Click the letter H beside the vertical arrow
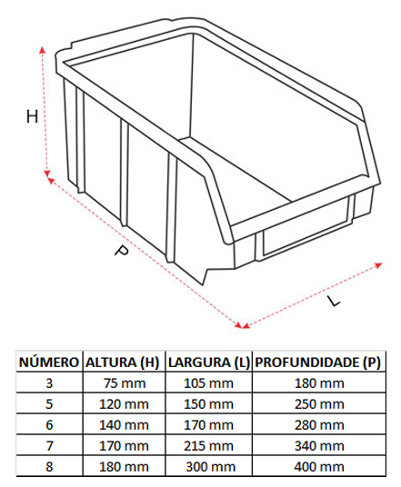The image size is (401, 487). pyautogui.click(x=33, y=117)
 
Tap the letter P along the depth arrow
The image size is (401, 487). pyautogui.click(x=121, y=251)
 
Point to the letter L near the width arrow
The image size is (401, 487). pyautogui.click(x=333, y=301)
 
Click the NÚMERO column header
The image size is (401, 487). pyautogui.click(x=49, y=363)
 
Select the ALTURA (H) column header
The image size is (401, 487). pyautogui.click(x=123, y=363)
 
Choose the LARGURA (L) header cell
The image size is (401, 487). pyautogui.click(x=209, y=363)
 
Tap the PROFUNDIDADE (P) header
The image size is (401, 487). pyautogui.click(x=317, y=363)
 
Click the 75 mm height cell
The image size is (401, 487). pyautogui.click(x=125, y=383)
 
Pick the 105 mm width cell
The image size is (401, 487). pyautogui.click(x=208, y=383)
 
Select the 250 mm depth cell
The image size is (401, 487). pyautogui.click(x=319, y=404)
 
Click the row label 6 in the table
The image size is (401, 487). pyautogui.click(x=49, y=425)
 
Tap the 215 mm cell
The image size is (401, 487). pyautogui.click(x=208, y=446)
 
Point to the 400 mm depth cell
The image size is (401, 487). pyautogui.click(x=319, y=467)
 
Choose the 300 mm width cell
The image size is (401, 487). pyautogui.click(x=211, y=467)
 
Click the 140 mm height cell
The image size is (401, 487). pyautogui.click(x=124, y=425)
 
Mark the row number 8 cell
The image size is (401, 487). pyautogui.click(x=49, y=467)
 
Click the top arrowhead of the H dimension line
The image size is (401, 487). pyautogui.click(x=43, y=50)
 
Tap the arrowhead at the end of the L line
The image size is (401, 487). pyautogui.click(x=378, y=265)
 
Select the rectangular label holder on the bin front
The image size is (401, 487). pyautogui.click(x=306, y=226)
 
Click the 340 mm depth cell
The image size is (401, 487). pyautogui.click(x=319, y=446)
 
